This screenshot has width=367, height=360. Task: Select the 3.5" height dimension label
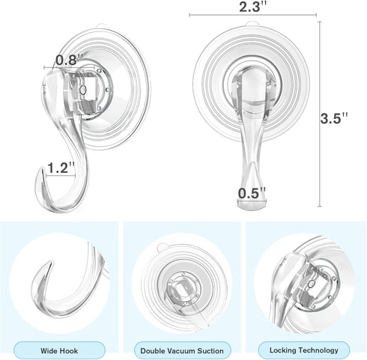tap(335, 118)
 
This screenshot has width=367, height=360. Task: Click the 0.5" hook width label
tap(252, 193)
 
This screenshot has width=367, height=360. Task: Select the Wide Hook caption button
tap(60, 350)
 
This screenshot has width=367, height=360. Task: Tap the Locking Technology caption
tap(303, 350)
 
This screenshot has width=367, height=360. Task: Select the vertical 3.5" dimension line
tap(320, 118)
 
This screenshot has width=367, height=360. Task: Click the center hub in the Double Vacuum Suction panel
tap(181, 287)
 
